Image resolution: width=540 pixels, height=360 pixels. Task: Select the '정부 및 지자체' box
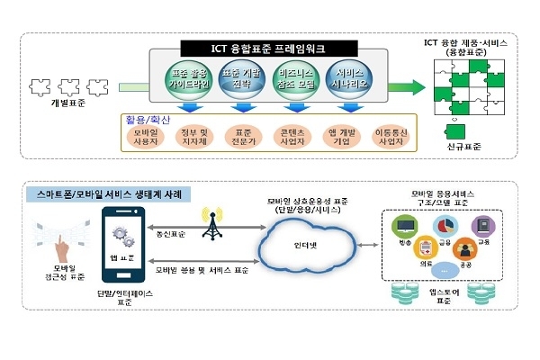point(191,139)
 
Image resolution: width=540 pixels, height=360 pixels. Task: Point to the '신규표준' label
point(463,147)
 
